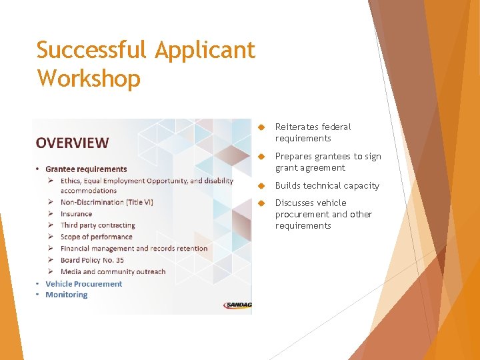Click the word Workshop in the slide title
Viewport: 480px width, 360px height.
click(x=89, y=79)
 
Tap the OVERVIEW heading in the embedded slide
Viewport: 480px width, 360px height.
click(x=72, y=143)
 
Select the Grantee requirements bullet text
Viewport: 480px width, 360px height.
click(x=86, y=169)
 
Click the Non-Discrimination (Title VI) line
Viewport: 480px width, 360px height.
click(x=107, y=202)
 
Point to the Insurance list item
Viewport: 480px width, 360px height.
click(x=76, y=214)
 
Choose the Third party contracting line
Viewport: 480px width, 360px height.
click(x=97, y=225)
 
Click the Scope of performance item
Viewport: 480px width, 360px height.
click(x=96, y=237)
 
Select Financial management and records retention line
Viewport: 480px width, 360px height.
click(x=134, y=249)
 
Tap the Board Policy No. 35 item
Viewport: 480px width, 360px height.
click(x=92, y=260)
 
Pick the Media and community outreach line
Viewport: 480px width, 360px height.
click(x=113, y=272)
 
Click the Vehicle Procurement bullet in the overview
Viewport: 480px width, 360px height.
click(x=83, y=284)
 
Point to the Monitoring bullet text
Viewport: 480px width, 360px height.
click(x=66, y=295)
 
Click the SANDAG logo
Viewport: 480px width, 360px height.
click(x=237, y=305)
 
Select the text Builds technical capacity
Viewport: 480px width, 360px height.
click(x=327, y=186)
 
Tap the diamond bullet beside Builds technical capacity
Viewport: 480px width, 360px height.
click(x=262, y=186)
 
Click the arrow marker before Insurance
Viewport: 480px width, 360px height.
click(x=51, y=214)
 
